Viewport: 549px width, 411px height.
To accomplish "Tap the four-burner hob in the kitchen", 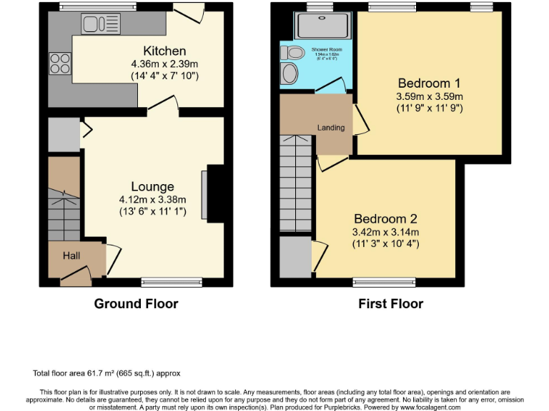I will (59, 64).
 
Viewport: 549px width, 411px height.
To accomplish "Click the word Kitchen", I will (164, 51).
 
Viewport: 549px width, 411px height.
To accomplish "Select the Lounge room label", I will (152, 187).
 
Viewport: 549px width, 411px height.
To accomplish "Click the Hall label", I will (71, 255).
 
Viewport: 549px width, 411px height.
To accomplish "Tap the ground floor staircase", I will (64, 207).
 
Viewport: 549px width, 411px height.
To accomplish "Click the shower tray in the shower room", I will (321, 27).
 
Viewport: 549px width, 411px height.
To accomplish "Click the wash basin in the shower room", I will (290, 73).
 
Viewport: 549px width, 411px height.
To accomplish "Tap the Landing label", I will (330, 128).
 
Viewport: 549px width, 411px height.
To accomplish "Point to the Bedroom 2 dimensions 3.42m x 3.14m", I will (386, 232).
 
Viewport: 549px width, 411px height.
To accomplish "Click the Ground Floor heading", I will (136, 304).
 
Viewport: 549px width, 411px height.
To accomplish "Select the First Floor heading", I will (390, 304).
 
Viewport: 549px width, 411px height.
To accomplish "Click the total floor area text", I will (107, 373).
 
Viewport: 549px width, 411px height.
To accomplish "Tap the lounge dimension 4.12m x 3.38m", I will (153, 200).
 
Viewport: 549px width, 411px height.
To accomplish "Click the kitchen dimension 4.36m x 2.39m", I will (164, 64).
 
